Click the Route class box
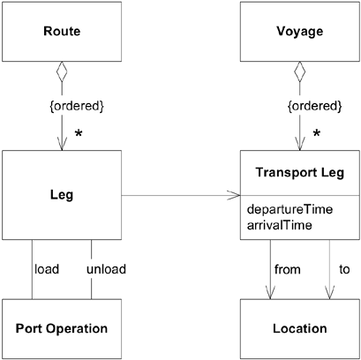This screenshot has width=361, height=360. (x=62, y=32)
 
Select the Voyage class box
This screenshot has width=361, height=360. (x=299, y=32)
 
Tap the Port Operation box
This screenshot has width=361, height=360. (x=62, y=328)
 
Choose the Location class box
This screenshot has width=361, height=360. (x=299, y=328)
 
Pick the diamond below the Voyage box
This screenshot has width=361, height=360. (x=299, y=71)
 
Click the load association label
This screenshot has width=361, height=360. (x=47, y=268)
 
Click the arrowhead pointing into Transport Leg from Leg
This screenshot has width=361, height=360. (x=236, y=195)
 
